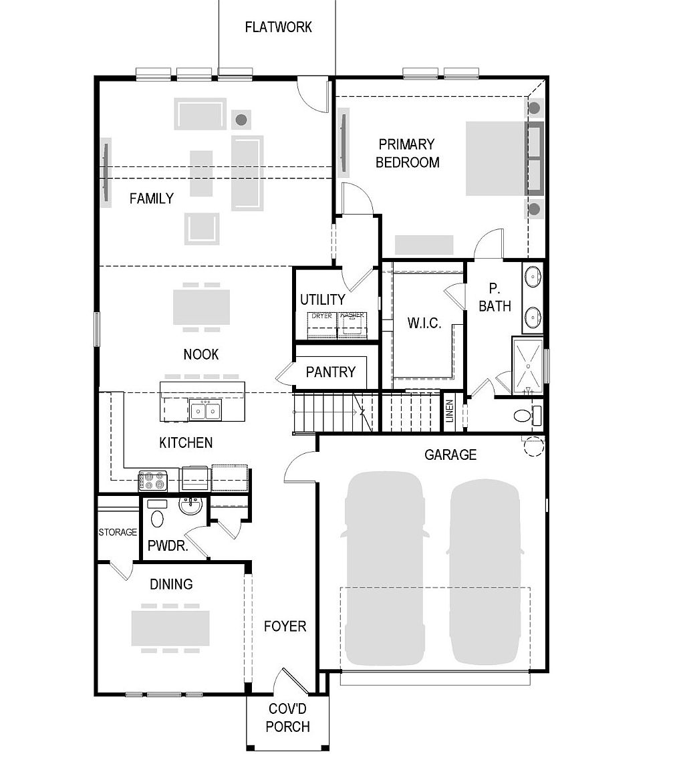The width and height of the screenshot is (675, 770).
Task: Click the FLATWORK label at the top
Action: tap(278, 27)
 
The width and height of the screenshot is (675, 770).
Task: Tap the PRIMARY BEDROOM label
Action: tap(407, 153)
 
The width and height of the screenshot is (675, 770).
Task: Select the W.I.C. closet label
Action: tap(424, 324)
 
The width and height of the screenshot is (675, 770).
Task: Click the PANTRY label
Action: tap(330, 372)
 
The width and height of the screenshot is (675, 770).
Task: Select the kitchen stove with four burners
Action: tap(152, 480)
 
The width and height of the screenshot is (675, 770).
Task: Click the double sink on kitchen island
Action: tap(205, 410)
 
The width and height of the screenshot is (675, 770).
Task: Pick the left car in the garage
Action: tap(384, 569)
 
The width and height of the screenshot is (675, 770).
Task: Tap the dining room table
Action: tap(170, 628)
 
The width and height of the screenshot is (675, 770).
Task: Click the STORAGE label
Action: tap(118, 533)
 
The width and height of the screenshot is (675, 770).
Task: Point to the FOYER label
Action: tap(285, 626)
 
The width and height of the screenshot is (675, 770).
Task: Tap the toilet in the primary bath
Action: tap(525, 416)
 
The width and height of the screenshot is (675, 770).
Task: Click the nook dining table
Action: tap(201, 307)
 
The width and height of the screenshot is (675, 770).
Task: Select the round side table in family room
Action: tap(241, 120)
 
